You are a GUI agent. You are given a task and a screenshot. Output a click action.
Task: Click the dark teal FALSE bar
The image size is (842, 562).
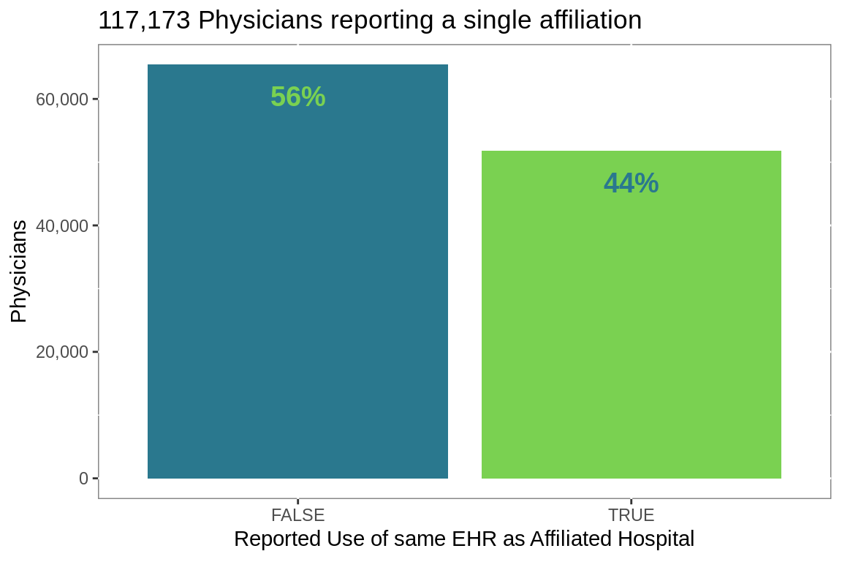[x=297, y=293]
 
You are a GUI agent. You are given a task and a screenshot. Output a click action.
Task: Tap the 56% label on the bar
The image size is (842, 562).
[x=297, y=97]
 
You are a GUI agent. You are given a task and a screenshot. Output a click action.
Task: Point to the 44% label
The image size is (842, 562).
[x=631, y=184]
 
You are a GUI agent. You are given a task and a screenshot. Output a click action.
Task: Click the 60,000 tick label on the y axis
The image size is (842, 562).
[x=62, y=100]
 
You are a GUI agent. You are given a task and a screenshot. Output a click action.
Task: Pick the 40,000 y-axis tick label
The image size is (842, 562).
[x=62, y=226]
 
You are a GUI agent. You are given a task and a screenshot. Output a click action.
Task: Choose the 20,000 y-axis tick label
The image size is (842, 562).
[x=62, y=352]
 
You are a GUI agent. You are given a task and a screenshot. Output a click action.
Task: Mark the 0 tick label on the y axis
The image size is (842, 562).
[x=83, y=479]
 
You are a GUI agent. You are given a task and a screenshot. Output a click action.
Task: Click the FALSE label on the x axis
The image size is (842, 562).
[x=297, y=515]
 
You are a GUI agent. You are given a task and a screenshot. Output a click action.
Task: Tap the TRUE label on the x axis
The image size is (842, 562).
[x=631, y=515]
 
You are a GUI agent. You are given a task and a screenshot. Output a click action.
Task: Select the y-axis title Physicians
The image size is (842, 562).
[x=19, y=271]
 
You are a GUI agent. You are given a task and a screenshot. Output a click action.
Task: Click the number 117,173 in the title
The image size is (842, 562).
[x=144, y=20]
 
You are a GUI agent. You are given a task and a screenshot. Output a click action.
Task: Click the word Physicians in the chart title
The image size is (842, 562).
[x=259, y=20]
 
